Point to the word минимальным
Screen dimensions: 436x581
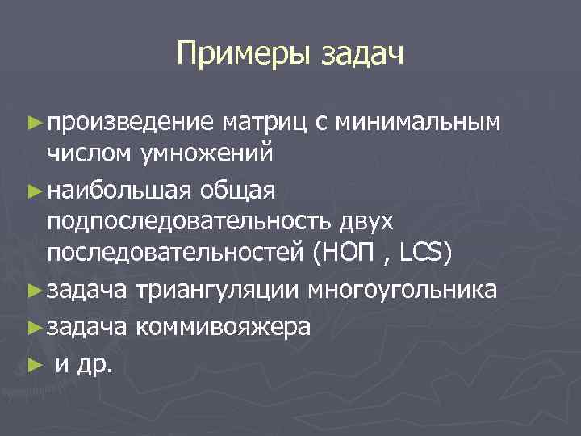pos(417,122)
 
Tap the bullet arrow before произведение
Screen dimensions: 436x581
pos(34,123)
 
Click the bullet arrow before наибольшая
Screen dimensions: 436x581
pos(34,191)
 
